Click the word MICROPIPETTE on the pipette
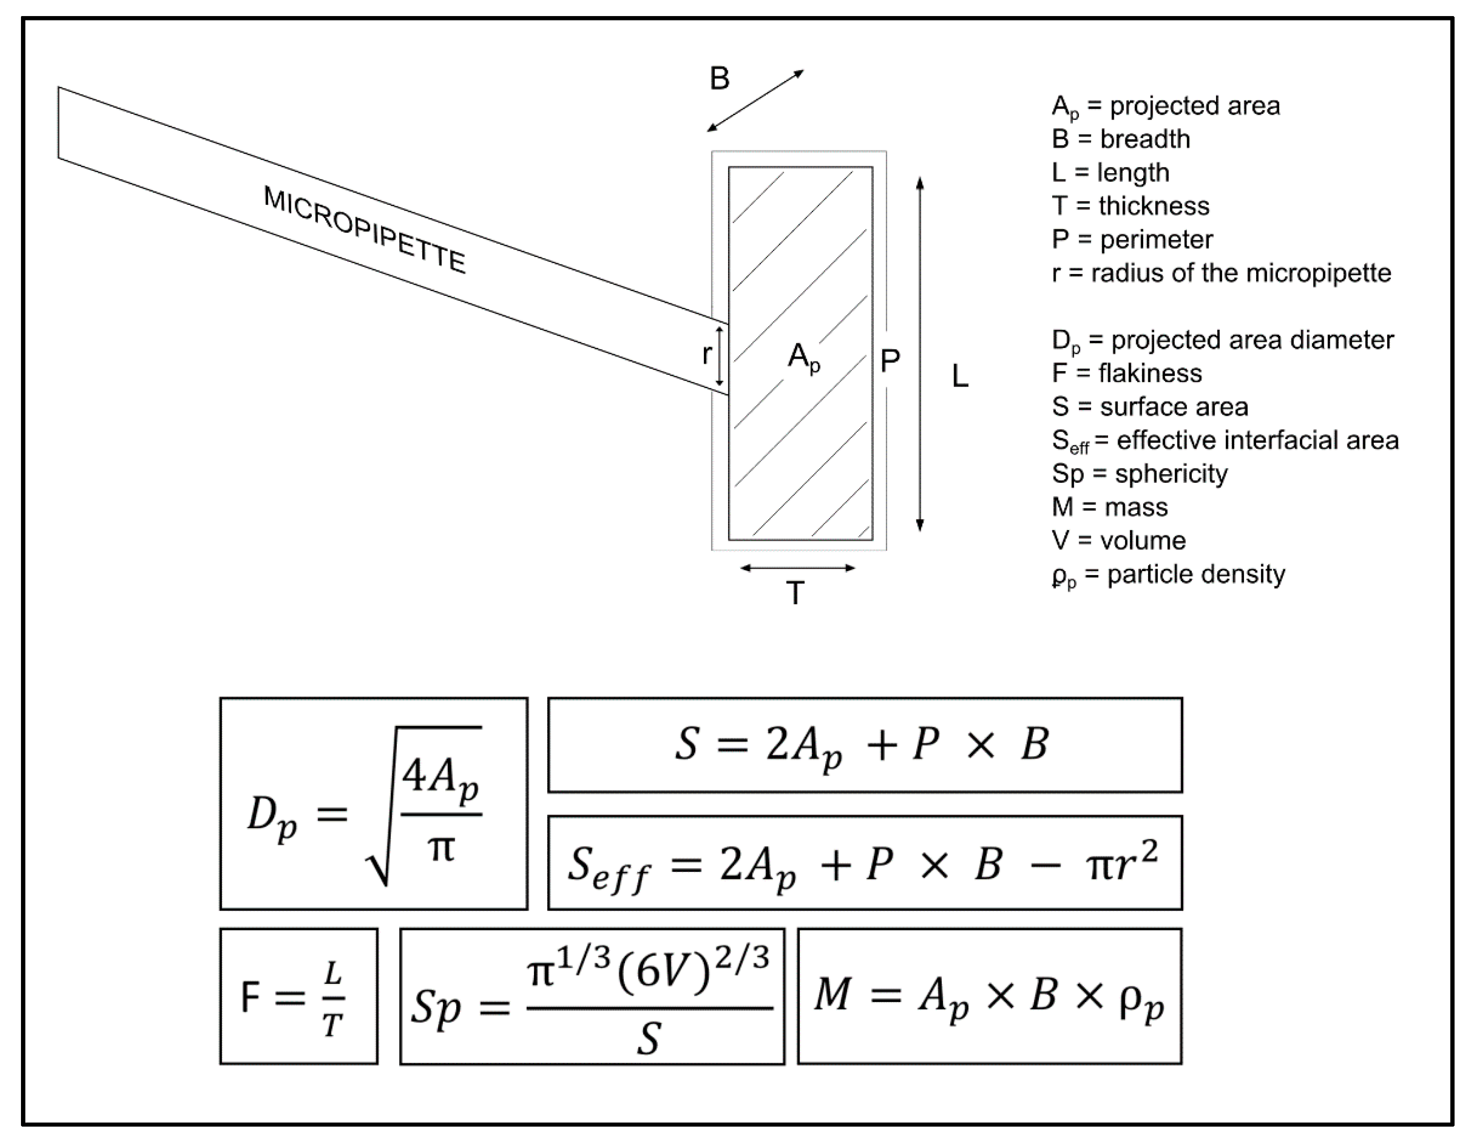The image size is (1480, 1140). [364, 230]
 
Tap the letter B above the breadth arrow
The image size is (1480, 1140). [719, 79]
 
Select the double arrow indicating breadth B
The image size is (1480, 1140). [755, 101]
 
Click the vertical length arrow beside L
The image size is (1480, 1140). [920, 353]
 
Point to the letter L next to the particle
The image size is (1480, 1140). [959, 376]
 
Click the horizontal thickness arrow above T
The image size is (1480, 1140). [798, 568]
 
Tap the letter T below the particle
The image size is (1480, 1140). [796, 594]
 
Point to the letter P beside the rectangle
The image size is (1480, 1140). [890, 361]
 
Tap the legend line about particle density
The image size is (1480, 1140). [1168, 575]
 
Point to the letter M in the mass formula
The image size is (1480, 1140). [832, 995]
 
